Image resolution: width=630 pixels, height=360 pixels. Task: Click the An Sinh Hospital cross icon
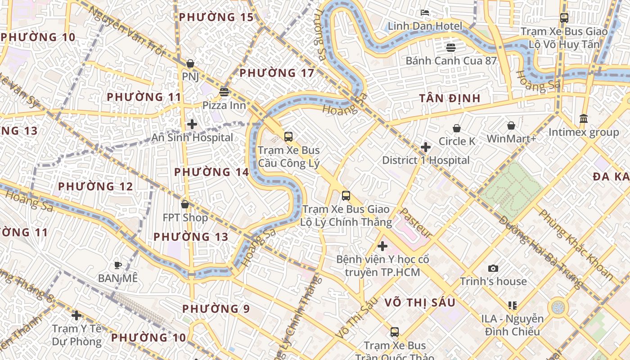click(x=192, y=124)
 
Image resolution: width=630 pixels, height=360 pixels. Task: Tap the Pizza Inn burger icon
click(x=224, y=92)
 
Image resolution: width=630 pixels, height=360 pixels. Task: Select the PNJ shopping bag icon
click(x=190, y=63)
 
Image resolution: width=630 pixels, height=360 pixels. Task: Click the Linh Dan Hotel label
click(x=425, y=26)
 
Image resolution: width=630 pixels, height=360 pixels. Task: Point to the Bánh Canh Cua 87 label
click(x=451, y=60)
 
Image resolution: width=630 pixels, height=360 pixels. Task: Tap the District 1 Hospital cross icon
click(x=426, y=147)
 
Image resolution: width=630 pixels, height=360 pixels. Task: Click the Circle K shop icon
click(x=457, y=128)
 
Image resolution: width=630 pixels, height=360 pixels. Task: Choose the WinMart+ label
click(x=511, y=139)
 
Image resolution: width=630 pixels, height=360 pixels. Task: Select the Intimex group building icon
click(x=584, y=119)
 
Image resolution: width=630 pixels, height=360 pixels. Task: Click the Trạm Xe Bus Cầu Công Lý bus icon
click(x=288, y=137)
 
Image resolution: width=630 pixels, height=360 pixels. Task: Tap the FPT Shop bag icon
click(x=185, y=205)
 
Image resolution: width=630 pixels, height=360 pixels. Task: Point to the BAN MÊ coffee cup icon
click(x=118, y=265)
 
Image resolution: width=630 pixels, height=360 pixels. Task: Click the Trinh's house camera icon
click(x=493, y=269)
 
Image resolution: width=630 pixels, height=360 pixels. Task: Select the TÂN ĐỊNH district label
click(x=450, y=98)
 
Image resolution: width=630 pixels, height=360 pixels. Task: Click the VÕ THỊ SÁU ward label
click(x=420, y=302)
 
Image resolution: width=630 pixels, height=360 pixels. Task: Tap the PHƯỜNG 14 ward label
click(x=211, y=172)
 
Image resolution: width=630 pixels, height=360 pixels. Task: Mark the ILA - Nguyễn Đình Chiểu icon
click(x=512, y=306)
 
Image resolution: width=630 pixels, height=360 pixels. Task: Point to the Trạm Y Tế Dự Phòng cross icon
click(x=76, y=315)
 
